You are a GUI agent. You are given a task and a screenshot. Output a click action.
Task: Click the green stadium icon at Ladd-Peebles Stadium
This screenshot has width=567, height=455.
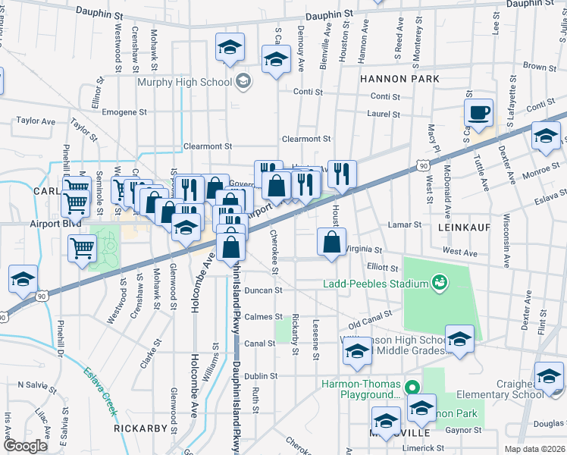coord(438,284)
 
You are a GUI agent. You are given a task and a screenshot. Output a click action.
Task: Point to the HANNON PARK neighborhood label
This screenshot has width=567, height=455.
coord(389,78)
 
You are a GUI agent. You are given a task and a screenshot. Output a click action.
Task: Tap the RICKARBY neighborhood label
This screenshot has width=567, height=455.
coord(139,428)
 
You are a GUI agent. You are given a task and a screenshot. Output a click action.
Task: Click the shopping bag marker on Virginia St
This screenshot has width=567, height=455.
coord(331,243)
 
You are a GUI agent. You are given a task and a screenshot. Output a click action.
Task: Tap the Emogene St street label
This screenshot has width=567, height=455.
coord(124,112)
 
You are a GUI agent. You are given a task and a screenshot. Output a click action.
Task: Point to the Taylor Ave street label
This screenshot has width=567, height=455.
coord(36,121)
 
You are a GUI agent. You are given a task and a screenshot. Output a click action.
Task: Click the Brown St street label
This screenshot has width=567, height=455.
coord(534,67)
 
